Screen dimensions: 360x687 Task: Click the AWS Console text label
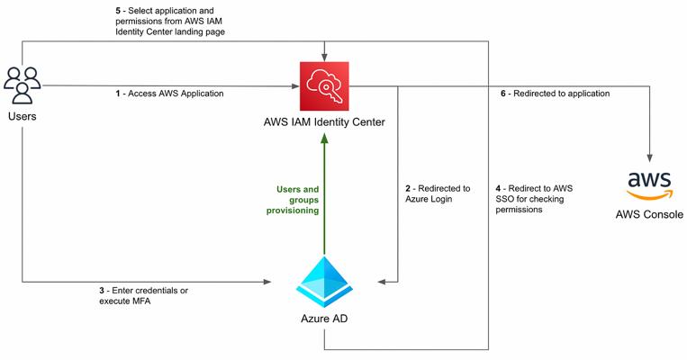pos(648,215)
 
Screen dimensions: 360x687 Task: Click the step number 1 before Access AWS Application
pos(116,94)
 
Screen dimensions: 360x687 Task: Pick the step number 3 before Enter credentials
pos(101,291)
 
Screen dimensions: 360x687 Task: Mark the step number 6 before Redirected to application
pos(503,94)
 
